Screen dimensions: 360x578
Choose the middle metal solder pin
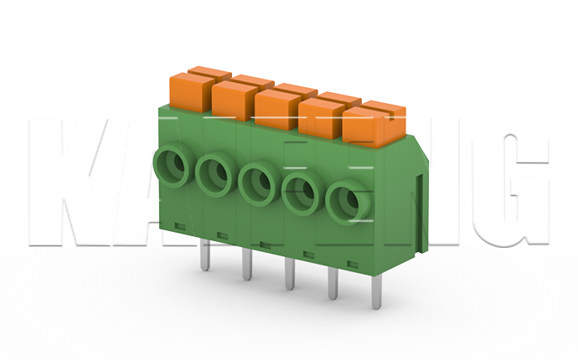[x=290, y=276]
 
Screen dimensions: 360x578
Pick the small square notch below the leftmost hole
[x=178, y=224]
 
